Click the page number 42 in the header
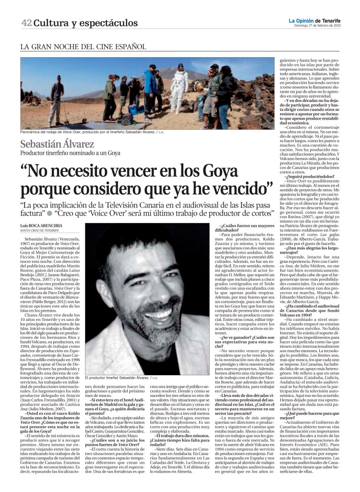(26, 23)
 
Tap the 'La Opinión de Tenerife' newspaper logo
(314, 21)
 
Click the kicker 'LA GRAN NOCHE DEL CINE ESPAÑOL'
(83, 47)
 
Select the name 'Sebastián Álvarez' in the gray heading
(61, 144)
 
